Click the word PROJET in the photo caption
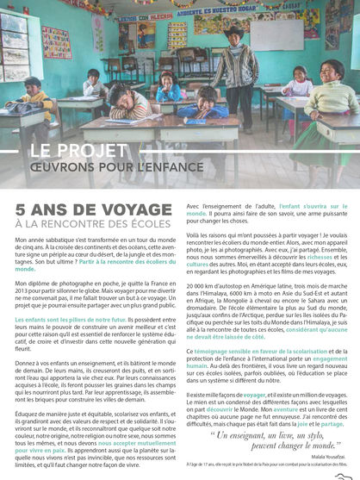coord(96,151)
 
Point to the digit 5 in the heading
coord(21,209)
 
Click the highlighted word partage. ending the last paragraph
coord(332,424)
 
